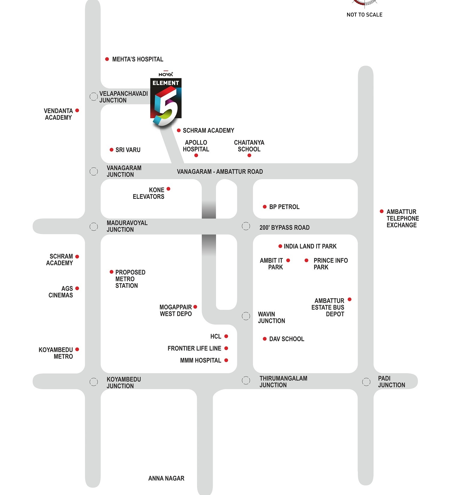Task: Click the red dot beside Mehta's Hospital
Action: coord(107,59)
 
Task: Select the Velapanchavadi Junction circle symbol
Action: coord(94,97)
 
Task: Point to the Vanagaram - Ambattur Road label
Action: coord(220,172)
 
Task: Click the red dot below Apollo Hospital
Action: coord(196,155)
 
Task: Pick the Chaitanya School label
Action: coord(249,146)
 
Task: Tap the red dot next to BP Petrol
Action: coord(265,207)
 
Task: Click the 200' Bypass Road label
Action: coord(284,228)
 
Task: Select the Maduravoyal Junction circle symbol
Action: coord(94,226)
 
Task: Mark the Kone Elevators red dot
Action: coord(169,189)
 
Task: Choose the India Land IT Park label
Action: coord(310,246)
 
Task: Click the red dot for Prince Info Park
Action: coord(306,260)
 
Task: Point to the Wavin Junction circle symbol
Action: coord(246,316)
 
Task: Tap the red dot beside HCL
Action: coord(226,336)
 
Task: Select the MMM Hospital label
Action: coord(200,360)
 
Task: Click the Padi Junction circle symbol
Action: coord(366,382)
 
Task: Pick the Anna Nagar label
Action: coord(166,478)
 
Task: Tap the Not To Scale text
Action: coord(364,15)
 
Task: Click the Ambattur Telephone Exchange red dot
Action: coord(382,211)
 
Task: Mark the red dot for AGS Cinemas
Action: coord(77,288)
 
